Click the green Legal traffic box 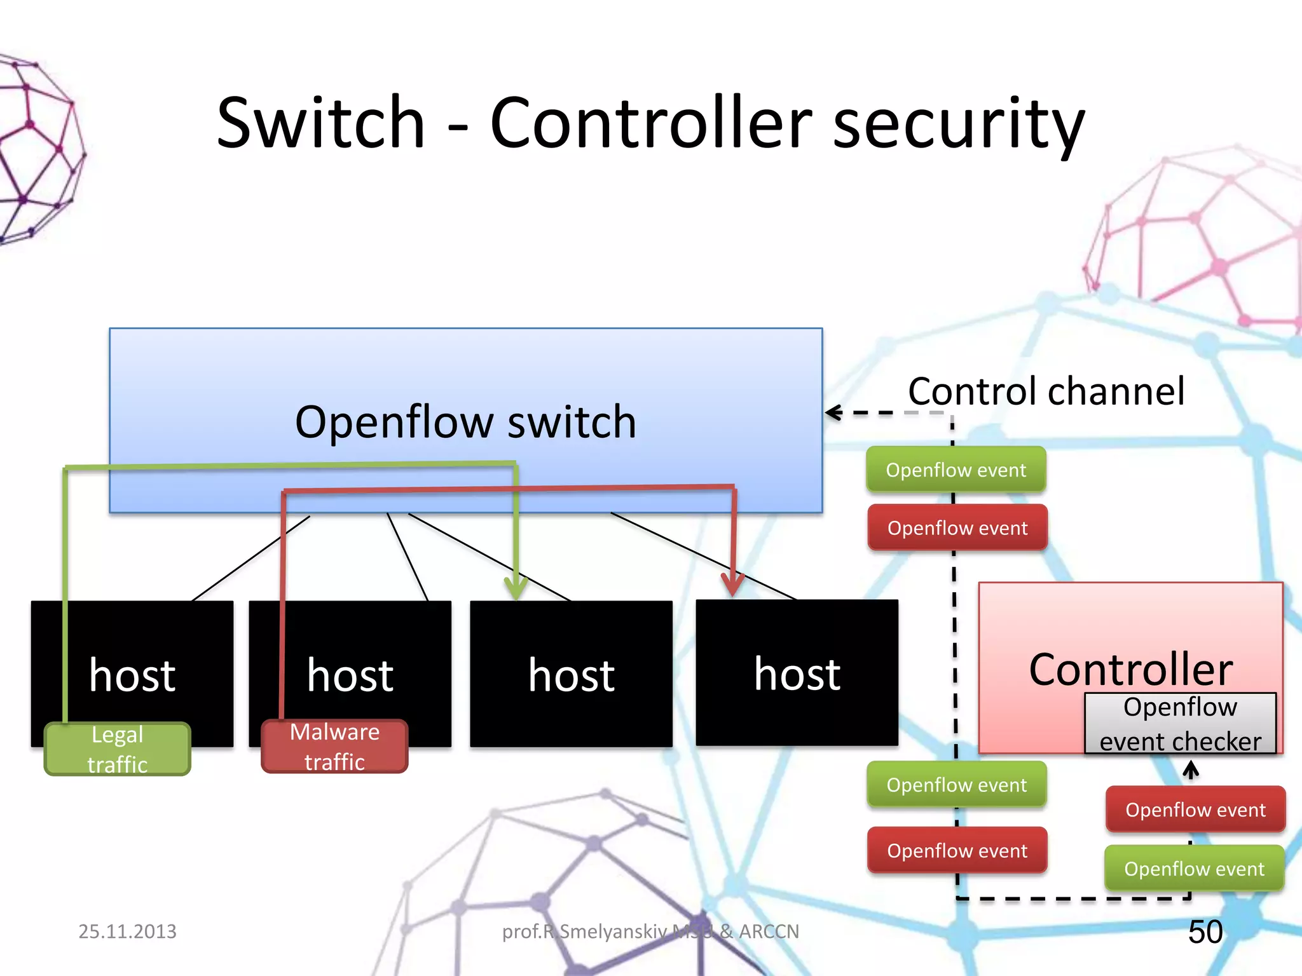click(x=118, y=749)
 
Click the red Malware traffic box click(x=334, y=747)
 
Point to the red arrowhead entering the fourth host click(x=733, y=583)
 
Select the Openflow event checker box click(x=1180, y=724)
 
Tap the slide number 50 click(x=1205, y=932)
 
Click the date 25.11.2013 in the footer click(x=127, y=932)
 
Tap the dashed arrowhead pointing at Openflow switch click(x=833, y=413)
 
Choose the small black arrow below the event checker click(x=1191, y=770)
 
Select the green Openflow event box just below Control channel click(x=956, y=470)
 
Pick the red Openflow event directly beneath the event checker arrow click(x=1195, y=810)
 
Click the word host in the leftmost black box click(x=132, y=675)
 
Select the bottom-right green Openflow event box click(x=1194, y=869)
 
